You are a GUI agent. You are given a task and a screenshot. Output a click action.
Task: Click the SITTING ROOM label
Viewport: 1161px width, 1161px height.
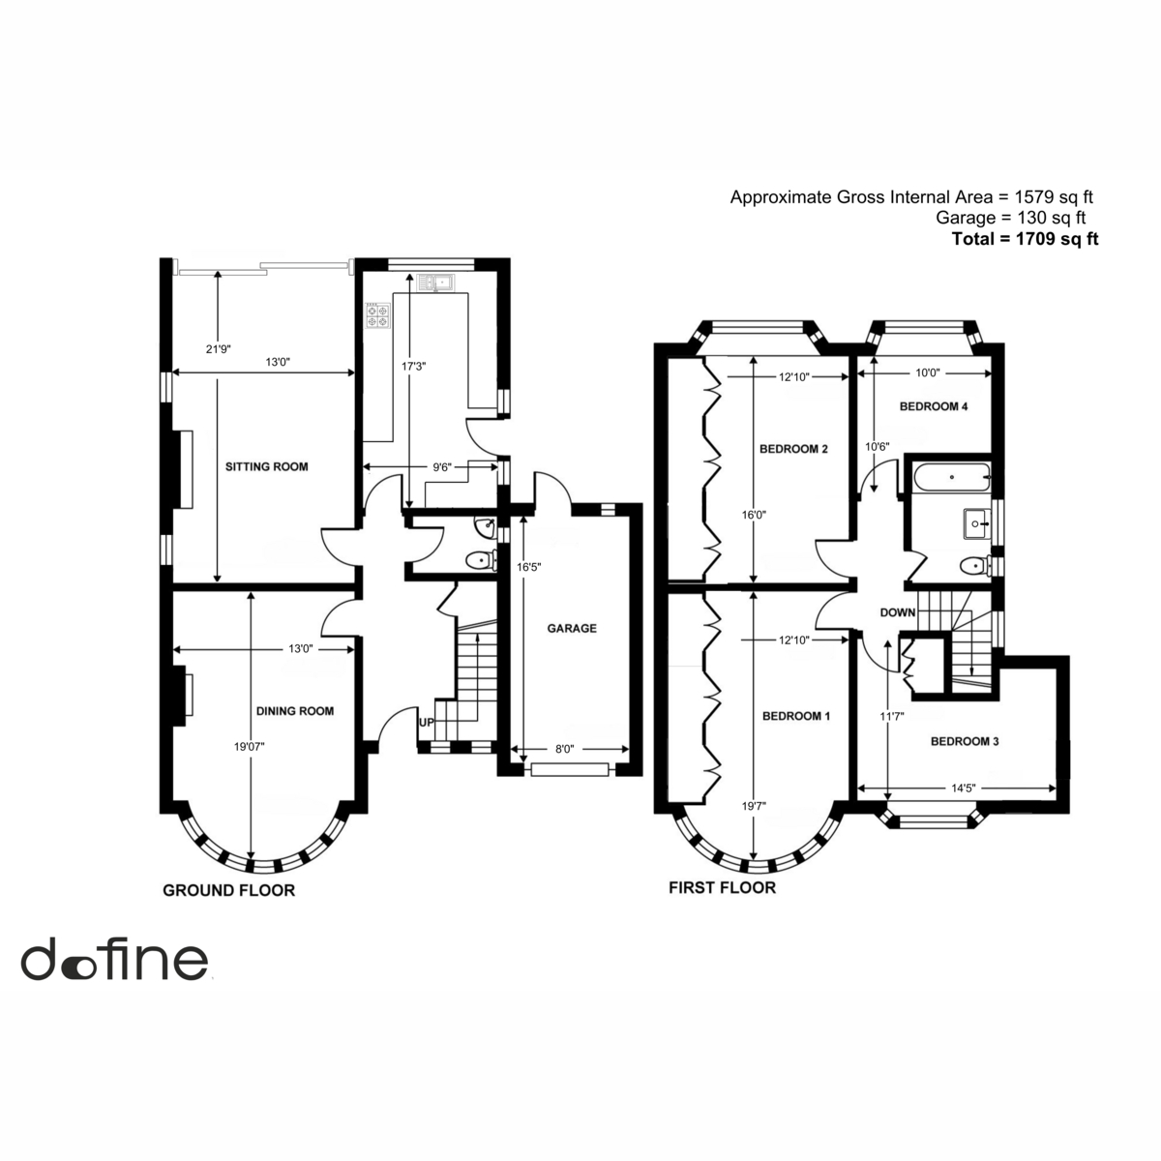click(x=266, y=466)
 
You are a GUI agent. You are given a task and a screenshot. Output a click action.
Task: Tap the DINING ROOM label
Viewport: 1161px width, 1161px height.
click(x=295, y=711)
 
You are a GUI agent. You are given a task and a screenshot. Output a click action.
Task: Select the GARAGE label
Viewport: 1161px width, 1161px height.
click(x=572, y=629)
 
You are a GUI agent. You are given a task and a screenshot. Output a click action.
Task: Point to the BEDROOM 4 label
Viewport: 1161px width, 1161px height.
click(x=934, y=406)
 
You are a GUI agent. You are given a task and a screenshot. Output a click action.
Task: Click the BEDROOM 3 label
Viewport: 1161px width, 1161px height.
click(x=965, y=741)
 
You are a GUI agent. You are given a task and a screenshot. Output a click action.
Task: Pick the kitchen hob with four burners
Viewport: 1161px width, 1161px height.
click(x=378, y=315)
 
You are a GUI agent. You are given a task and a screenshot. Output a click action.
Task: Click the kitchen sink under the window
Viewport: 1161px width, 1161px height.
click(x=436, y=282)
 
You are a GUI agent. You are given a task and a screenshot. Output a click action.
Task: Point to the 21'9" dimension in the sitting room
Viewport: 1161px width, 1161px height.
click(x=219, y=349)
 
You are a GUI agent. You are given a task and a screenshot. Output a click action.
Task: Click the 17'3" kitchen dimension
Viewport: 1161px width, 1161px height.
click(x=413, y=366)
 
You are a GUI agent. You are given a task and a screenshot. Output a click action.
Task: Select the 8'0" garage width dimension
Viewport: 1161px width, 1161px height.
click(x=564, y=750)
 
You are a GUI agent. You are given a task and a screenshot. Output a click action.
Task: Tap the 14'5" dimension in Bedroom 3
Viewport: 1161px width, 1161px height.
click(x=964, y=789)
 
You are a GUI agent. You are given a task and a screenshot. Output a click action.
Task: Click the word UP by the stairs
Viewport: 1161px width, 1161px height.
click(x=426, y=722)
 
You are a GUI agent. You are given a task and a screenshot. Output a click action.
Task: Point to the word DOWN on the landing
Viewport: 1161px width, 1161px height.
click(x=898, y=612)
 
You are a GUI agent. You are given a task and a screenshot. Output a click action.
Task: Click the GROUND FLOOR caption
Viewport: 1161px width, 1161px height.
click(x=229, y=890)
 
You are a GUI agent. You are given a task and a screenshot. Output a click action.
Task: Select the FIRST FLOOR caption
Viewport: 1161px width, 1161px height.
click(x=723, y=887)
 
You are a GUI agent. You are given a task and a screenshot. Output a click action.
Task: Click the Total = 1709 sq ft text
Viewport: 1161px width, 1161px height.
click(x=1025, y=239)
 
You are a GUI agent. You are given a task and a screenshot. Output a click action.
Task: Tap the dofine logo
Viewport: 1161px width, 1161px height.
click(x=115, y=960)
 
